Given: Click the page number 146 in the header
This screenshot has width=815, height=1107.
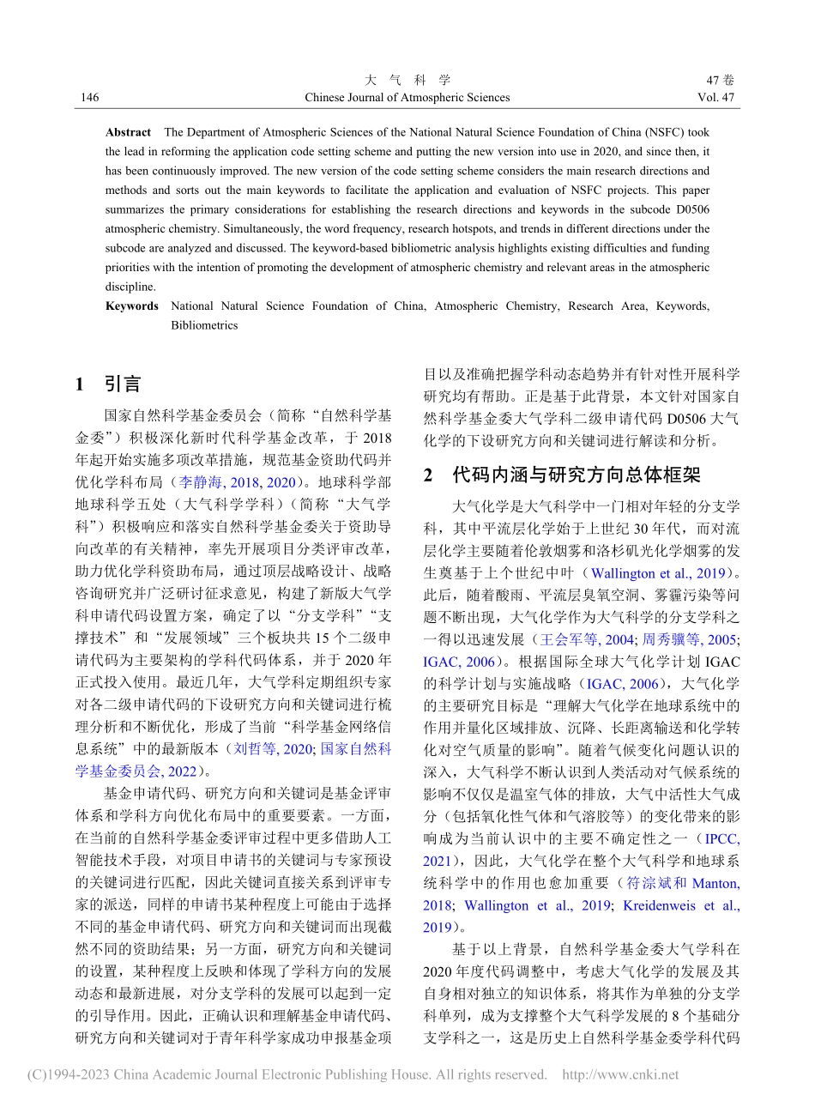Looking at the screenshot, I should click(x=89, y=98).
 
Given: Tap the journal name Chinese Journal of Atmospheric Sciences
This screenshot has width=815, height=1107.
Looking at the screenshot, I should click(x=407, y=98).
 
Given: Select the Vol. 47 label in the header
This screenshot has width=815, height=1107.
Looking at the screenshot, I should click(x=716, y=98).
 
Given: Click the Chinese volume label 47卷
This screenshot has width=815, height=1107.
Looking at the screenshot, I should click(x=722, y=80).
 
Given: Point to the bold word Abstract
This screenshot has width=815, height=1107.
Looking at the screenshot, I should click(x=128, y=132).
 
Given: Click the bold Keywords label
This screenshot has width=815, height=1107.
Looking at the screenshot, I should click(x=132, y=306).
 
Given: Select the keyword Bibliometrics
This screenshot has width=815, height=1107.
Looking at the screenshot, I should click(x=204, y=325).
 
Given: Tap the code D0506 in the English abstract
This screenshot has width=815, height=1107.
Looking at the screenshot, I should click(x=689, y=209).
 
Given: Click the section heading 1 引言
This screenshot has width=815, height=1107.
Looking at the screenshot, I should click(x=108, y=384).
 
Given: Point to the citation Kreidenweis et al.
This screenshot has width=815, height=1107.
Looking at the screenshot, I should click(x=681, y=905).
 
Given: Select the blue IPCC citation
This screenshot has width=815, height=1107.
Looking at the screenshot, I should click(x=721, y=838).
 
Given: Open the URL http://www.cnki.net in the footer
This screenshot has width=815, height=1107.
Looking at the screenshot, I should click(x=619, y=1074).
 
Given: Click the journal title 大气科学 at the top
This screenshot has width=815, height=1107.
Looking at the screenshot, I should click(x=407, y=80).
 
